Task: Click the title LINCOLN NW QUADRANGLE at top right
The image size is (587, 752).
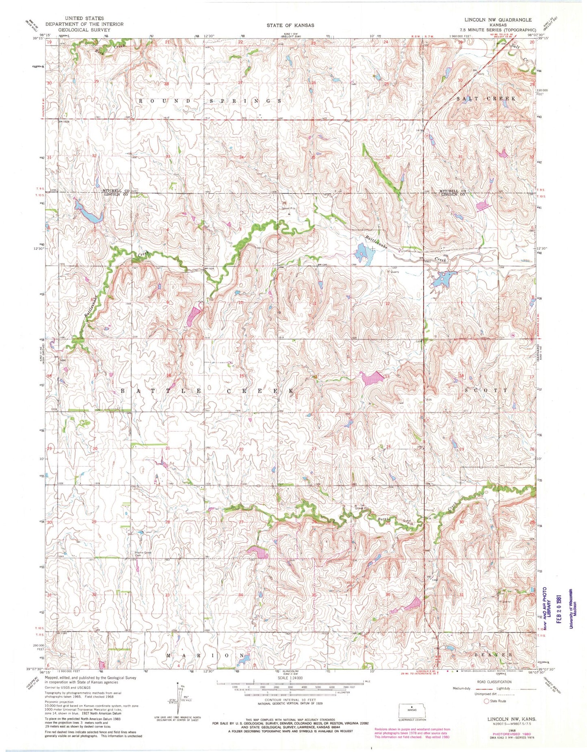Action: pyautogui.click(x=498, y=20)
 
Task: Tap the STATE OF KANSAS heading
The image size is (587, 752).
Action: pyautogui.click(x=290, y=25)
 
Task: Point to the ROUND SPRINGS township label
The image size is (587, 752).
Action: pyautogui.click(x=210, y=100)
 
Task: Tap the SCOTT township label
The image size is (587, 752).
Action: pyautogui.click(x=486, y=390)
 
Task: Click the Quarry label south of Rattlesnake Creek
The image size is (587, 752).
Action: pyautogui.click(x=394, y=272)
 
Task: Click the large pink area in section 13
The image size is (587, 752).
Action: pyautogui.click(x=373, y=379)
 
